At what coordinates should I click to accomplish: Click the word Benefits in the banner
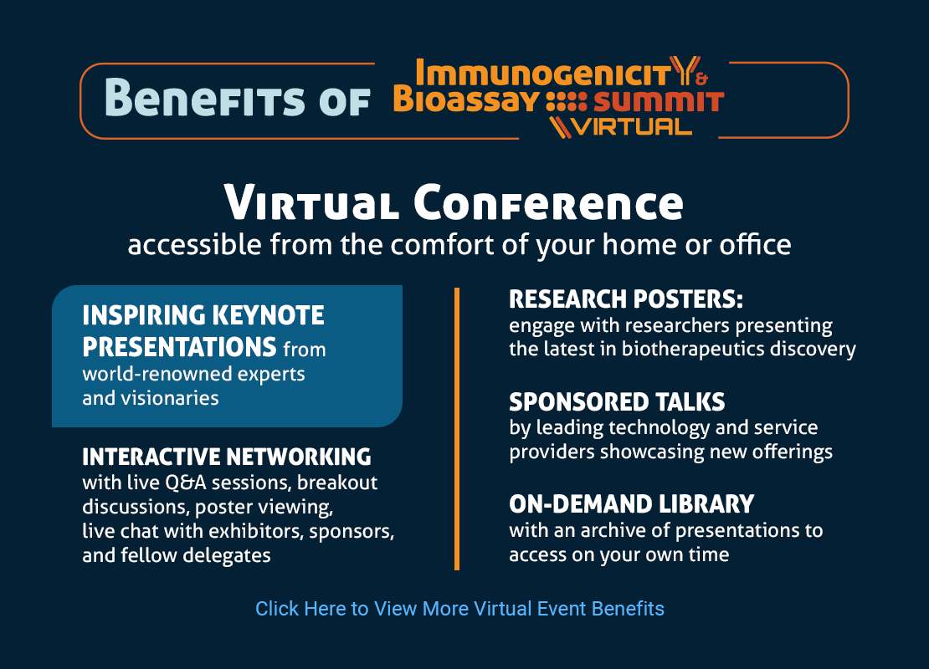(x=204, y=97)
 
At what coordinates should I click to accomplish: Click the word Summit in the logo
(x=659, y=101)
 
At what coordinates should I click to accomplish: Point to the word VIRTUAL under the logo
(x=633, y=126)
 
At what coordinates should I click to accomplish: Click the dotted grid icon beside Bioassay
(x=566, y=102)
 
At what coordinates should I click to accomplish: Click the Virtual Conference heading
(x=454, y=202)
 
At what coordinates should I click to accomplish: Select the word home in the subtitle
(x=639, y=244)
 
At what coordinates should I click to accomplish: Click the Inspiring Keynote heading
(x=203, y=330)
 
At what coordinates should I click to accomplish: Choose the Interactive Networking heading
(x=227, y=457)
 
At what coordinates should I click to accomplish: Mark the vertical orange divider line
(x=457, y=429)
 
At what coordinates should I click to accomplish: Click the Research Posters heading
(x=626, y=299)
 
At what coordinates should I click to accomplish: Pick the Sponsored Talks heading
(x=617, y=402)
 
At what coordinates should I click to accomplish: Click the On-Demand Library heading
(x=632, y=503)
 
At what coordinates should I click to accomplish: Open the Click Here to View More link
(x=459, y=609)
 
